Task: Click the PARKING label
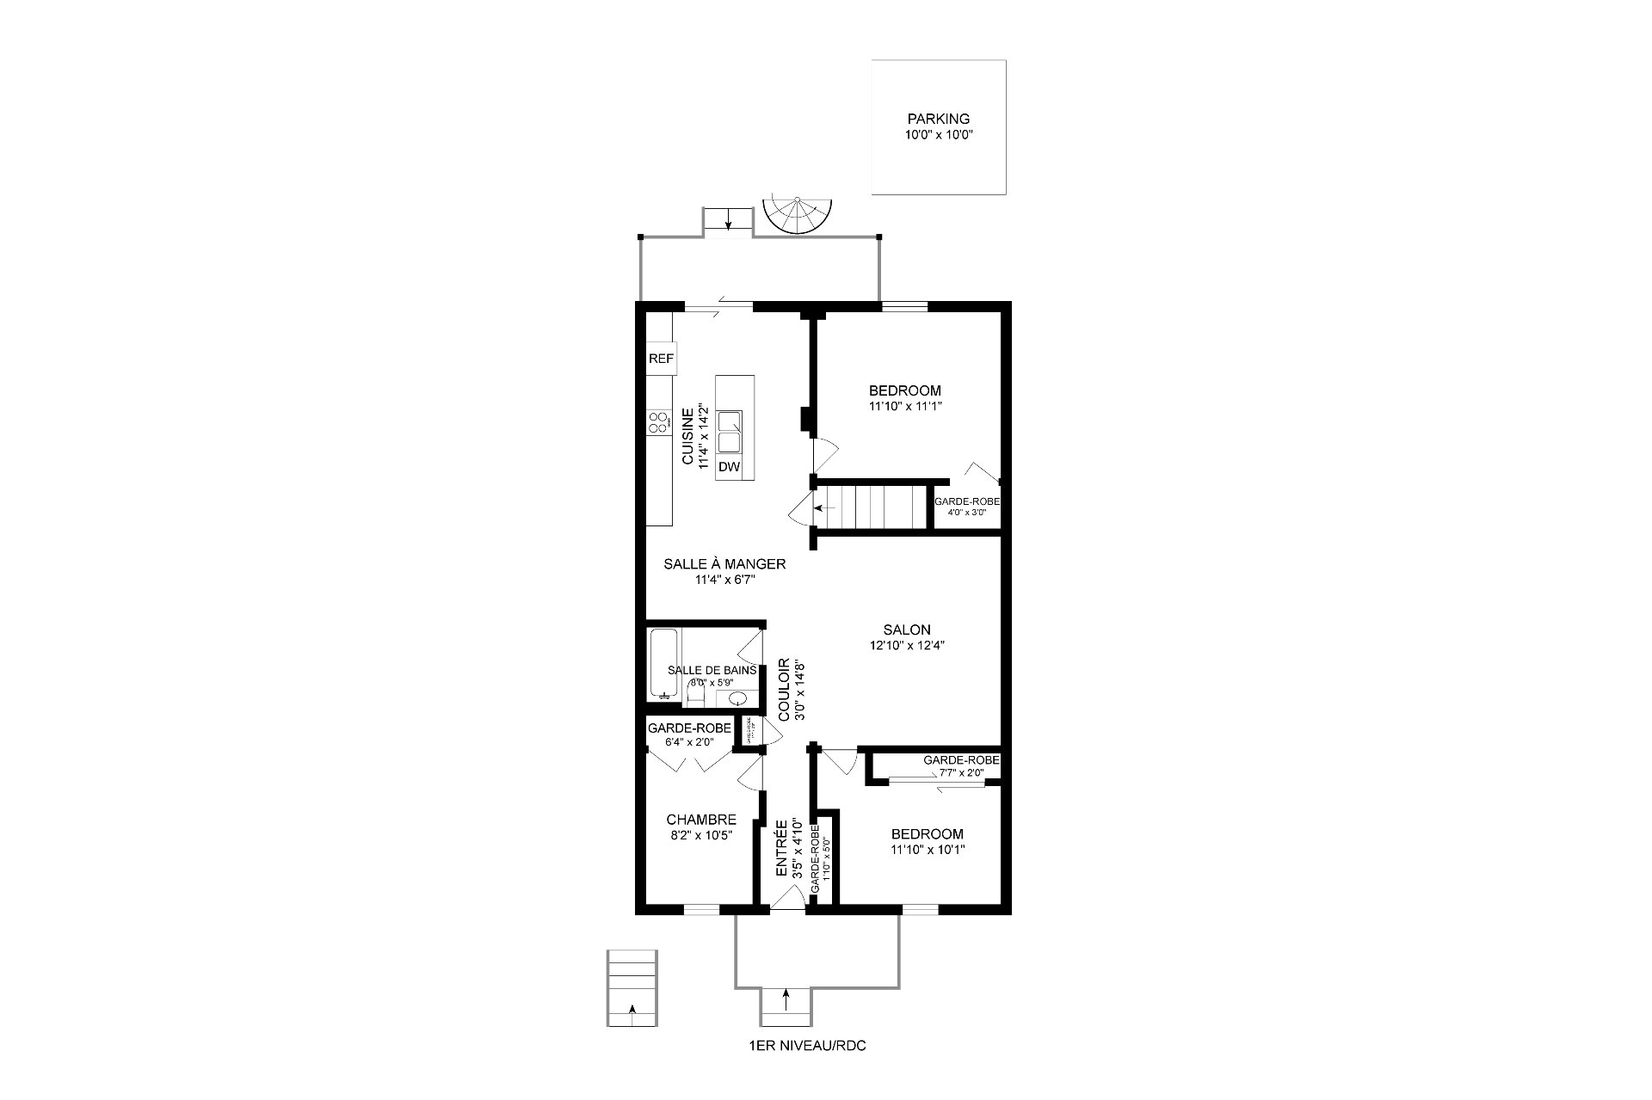point(938,120)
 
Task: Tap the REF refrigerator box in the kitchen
point(661,359)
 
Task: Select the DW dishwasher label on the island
point(729,467)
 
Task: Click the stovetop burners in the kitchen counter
point(659,422)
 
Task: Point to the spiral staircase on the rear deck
point(798,218)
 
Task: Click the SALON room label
point(906,630)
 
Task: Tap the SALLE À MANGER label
point(724,564)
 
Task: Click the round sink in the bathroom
point(737,697)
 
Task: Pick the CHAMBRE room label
point(701,820)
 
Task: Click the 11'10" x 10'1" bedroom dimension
point(928,850)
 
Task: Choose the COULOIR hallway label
point(784,690)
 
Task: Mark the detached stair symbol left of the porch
point(632,988)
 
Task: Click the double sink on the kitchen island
point(730,433)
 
